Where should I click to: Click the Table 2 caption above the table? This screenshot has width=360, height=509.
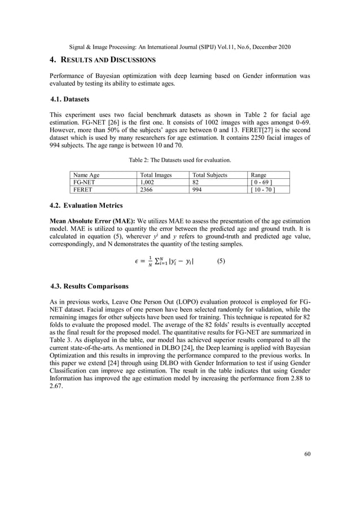point(179,161)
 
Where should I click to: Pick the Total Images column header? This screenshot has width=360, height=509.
point(156,175)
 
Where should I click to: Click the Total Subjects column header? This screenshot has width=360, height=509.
point(210,175)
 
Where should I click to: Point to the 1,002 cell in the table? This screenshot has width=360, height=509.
point(148,183)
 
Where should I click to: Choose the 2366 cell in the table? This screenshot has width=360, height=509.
point(146,190)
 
